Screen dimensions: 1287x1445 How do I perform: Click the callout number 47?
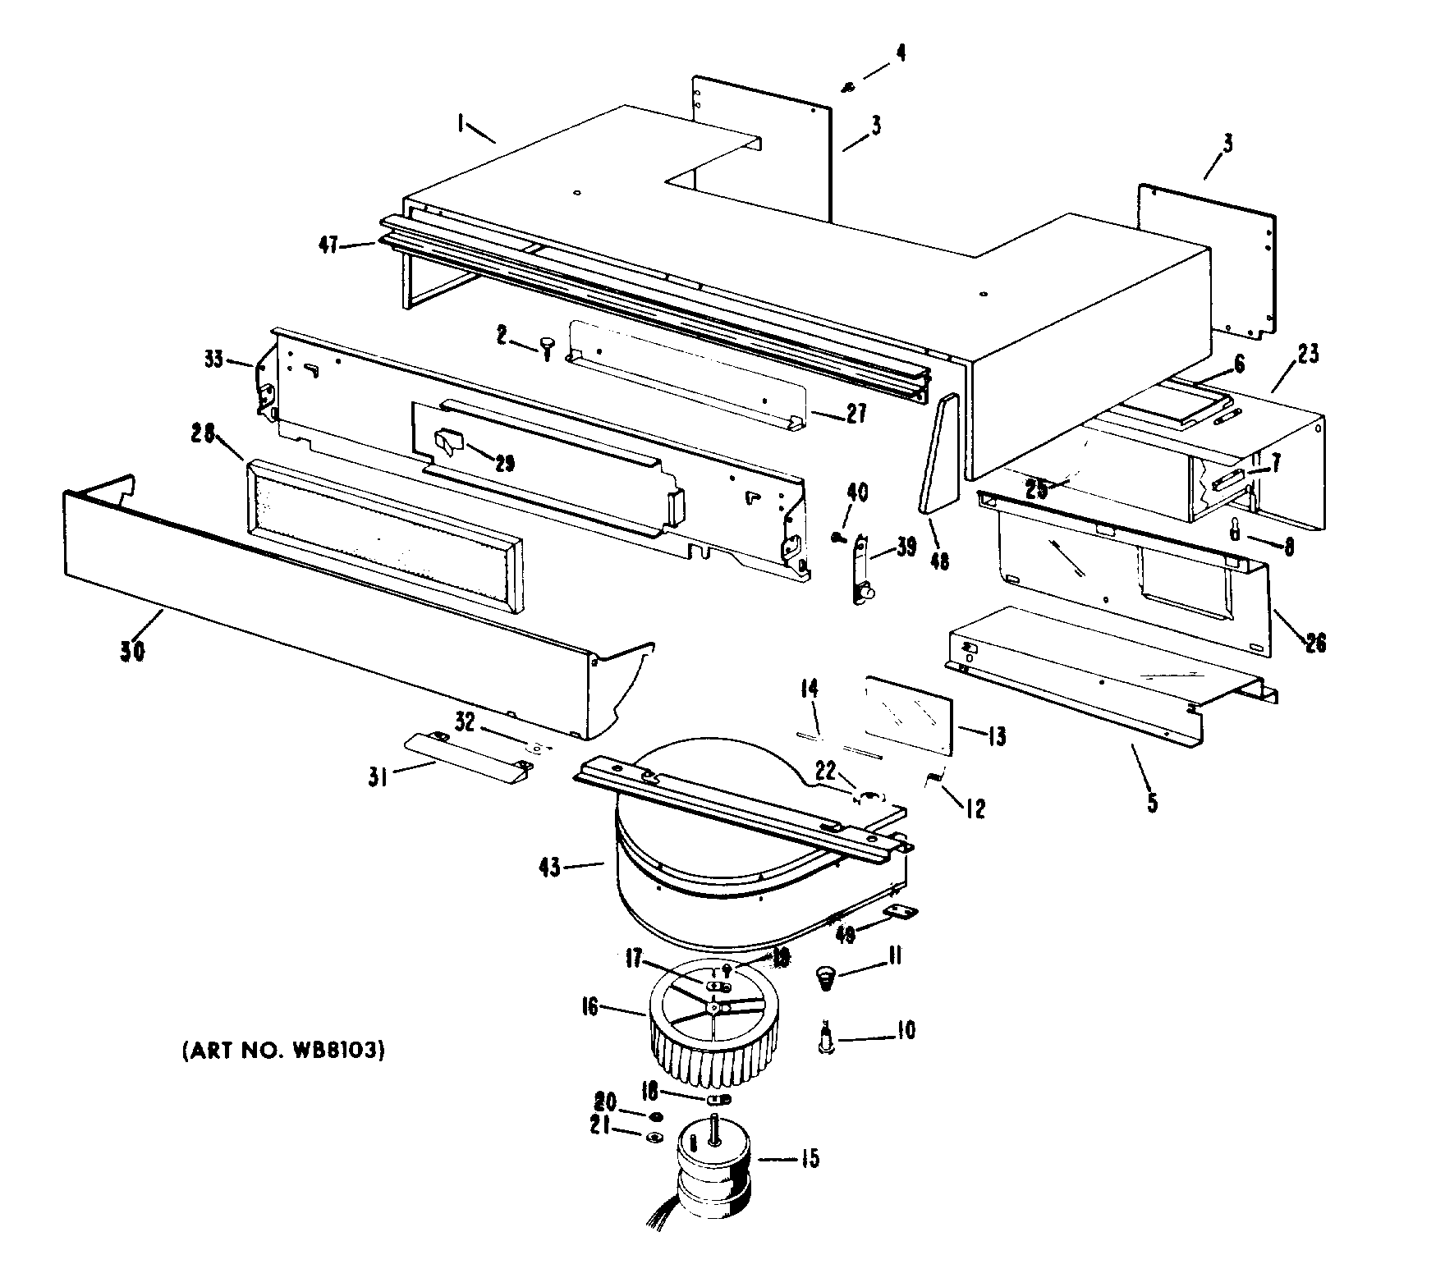point(328,245)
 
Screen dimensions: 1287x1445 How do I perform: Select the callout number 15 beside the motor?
point(810,1159)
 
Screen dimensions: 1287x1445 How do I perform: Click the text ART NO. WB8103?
point(282,1051)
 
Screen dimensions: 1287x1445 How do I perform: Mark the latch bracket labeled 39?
point(862,567)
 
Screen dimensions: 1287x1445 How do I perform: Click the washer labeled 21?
point(655,1137)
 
